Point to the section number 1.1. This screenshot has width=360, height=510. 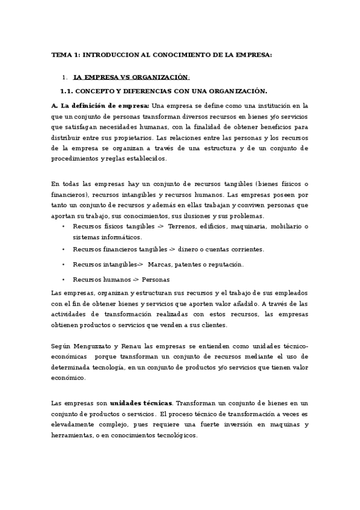66,91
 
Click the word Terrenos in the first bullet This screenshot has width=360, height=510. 182,226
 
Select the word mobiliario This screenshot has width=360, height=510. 284,226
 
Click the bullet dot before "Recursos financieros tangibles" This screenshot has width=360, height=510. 64,249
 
